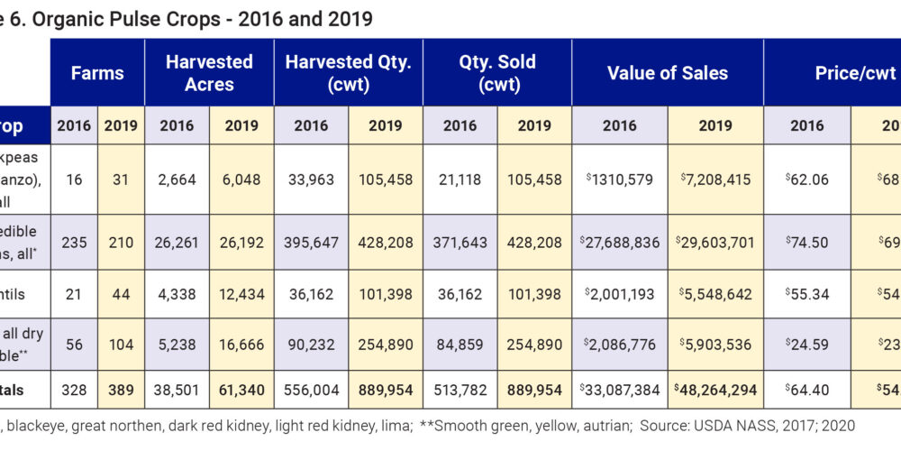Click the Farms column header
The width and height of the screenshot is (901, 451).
pyautogui.click(x=96, y=73)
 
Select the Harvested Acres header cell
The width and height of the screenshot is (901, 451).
pyautogui.click(x=209, y=73)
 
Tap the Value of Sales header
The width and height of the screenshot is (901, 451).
pyautogui.click(x=668, y=73)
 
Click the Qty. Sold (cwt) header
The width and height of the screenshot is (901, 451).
pyautogui.click(x=496, y=73)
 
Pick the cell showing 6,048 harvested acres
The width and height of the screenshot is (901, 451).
pyautogui.click(x=241, y=179)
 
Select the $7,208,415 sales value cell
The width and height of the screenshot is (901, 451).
pyautogui.click(x=715, y=179)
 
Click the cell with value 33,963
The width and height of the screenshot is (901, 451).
pyautogui.click(x=311, y=179)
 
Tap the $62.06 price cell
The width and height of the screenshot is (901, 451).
pyautogui.click(x=806, y=179)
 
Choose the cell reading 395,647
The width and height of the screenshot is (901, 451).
pyautogui.click(x=311, y=242)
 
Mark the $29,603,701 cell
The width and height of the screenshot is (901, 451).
pyautogui.click(x=715, y=242)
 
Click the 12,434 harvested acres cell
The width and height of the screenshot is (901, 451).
pyautogui.click(x=241, y=294)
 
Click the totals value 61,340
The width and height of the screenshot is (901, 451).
pyautogui.click(x=241, y=389)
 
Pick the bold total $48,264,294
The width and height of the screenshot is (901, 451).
pyautogui.click(x=715, y=389)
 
